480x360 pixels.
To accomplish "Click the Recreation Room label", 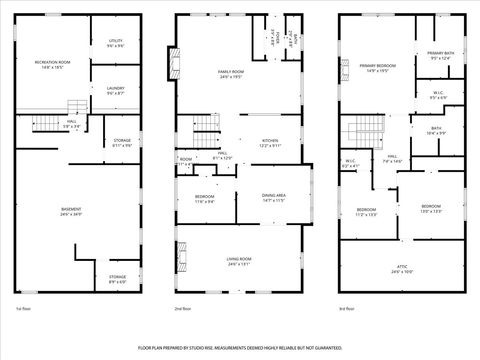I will (52, 64).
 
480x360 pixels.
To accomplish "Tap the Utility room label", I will (116, 43).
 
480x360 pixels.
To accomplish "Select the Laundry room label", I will (116, 91).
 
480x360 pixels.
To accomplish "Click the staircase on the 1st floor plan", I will (77, 107).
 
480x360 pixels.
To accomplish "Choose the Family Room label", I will (232, 73).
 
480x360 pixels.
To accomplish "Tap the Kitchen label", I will (270, 143).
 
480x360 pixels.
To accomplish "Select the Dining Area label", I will (274, 197).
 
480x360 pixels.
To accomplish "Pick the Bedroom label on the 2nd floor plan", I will (203, 198).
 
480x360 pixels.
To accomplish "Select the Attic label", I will (402, 269).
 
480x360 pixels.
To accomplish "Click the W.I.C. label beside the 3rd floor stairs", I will (351, 163).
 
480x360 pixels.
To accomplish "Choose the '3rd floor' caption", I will (347, 310).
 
